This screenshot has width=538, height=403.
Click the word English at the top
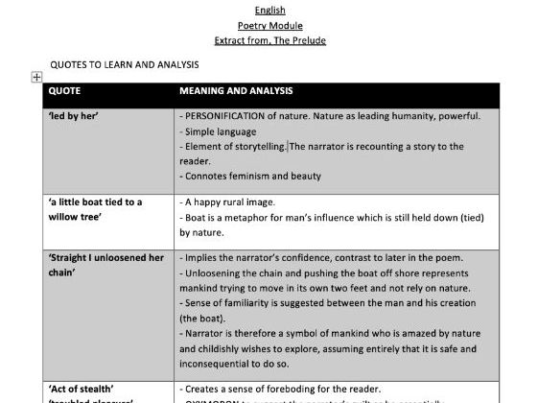click(269, 11)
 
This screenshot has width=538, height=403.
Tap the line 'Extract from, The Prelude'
click(269, 40)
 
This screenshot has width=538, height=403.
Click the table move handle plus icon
click(36, 77)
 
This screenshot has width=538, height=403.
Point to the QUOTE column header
click(64, 91)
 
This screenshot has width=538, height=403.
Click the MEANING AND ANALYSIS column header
click(236, 91)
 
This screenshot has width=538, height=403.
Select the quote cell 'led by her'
click(73, 117)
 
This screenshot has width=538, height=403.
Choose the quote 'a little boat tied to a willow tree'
click(94, 209)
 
